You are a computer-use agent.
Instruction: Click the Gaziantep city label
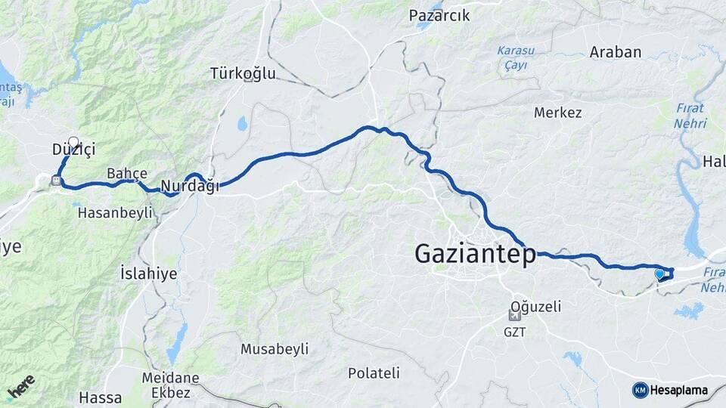(475, 255)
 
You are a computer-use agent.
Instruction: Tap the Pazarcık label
(439, 15)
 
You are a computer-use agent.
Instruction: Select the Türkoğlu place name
(244, 74)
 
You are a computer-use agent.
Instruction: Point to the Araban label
(616, 52)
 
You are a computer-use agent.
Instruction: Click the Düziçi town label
(73, 150)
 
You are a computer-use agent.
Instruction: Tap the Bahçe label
(127, 172)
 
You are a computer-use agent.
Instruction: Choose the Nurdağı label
(191, 185)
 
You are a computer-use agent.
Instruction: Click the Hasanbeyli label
(116, 213)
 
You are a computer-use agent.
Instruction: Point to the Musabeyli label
(275, 349)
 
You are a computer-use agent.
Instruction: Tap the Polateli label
(374, 372)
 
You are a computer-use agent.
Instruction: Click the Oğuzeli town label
(535, 307)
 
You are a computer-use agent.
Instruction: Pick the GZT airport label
(514, 331)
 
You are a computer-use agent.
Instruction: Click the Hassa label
(100, 397)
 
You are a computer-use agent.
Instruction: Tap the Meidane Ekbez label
(170, 385)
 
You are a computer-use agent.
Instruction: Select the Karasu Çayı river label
(516, 57)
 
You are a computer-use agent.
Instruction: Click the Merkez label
(558, 113)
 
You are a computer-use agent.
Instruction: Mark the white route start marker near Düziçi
(73, 141)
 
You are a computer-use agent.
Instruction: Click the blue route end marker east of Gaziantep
(659, 274)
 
